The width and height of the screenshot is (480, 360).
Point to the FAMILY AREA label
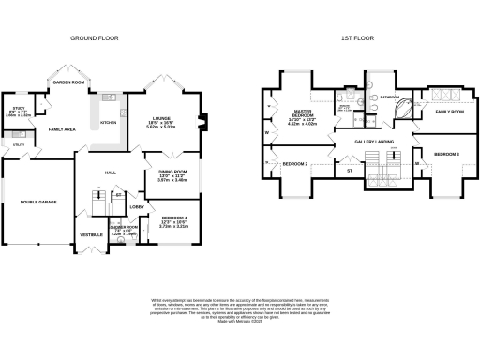62,128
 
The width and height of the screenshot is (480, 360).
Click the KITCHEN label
108,122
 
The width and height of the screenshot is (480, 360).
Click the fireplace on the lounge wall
200,120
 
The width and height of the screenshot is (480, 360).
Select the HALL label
110,173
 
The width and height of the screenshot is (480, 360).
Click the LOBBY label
135,205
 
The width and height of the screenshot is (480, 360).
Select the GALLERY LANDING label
374,142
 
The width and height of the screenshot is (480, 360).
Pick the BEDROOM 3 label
446,153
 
